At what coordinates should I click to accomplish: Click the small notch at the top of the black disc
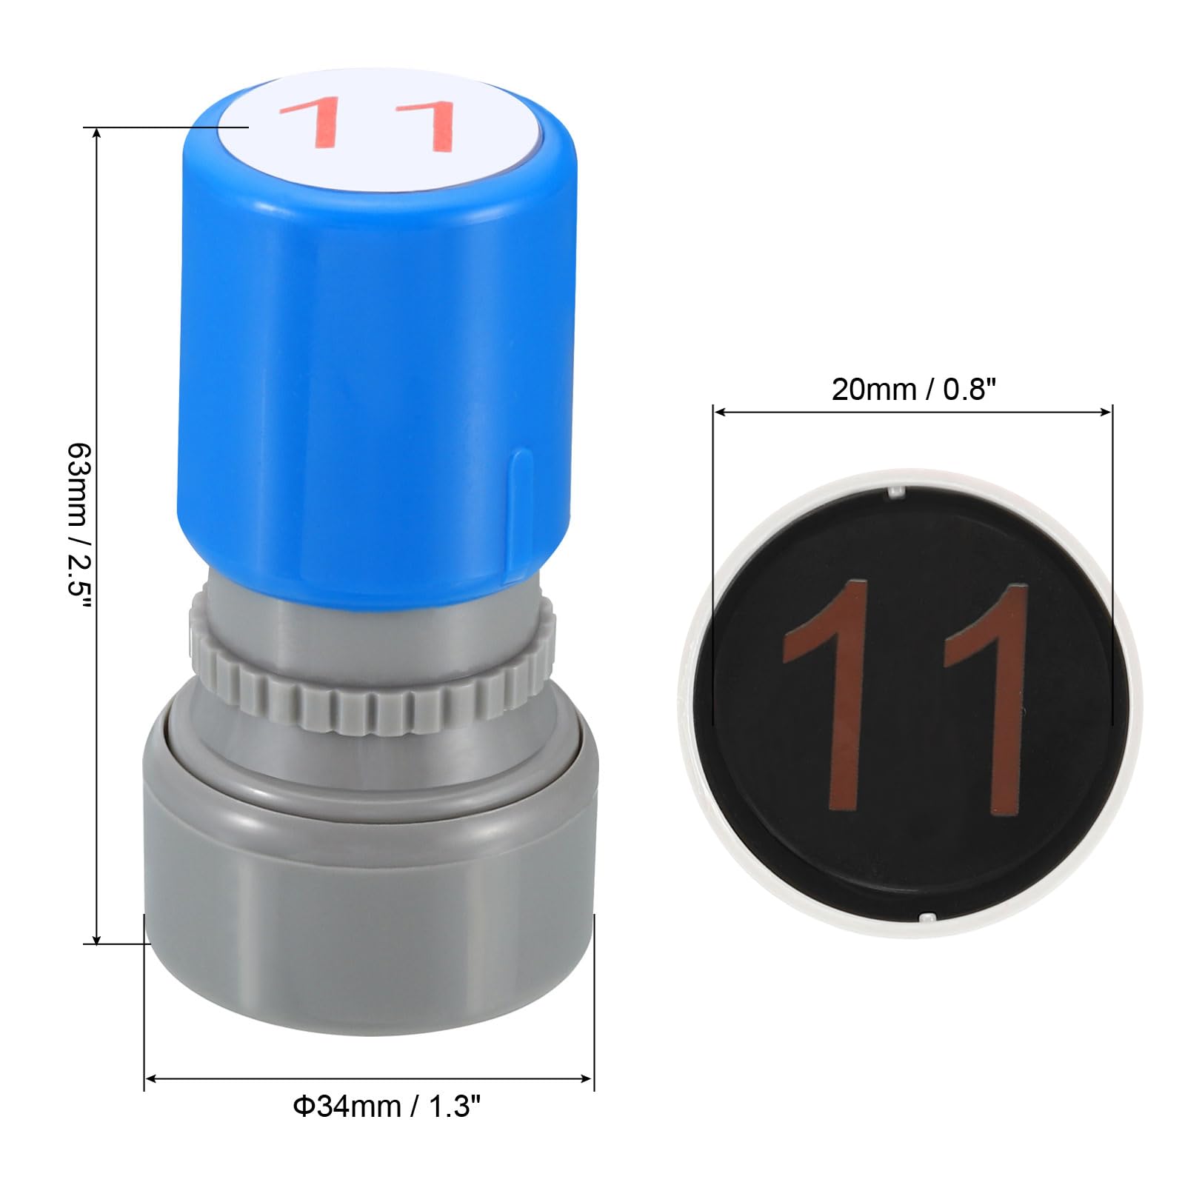coord(895,491)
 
